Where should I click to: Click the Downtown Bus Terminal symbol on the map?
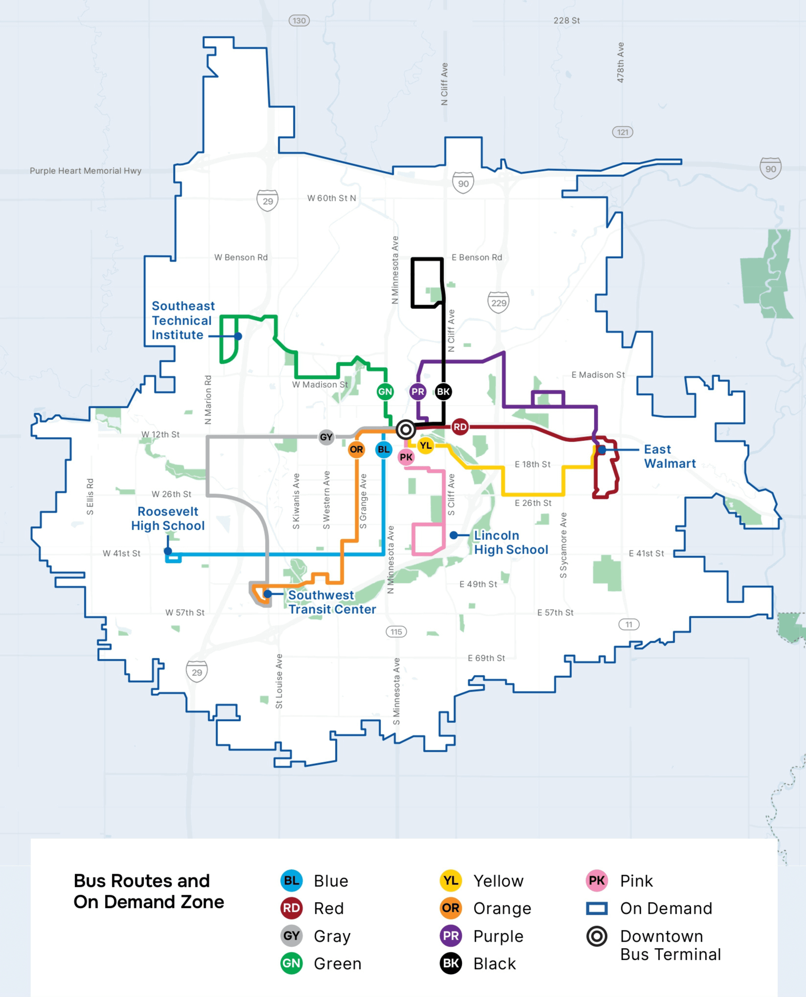405,430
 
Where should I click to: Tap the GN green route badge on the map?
385,391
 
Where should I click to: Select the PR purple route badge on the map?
418,391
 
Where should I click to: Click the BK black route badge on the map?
443,391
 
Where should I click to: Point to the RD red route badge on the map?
460,427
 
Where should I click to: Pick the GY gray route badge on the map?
326,437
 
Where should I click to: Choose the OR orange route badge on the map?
357,449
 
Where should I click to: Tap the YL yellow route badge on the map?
425,445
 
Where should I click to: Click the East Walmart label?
670,456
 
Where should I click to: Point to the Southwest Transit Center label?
332,602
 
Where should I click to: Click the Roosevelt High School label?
168,518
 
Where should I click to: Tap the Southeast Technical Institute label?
183,320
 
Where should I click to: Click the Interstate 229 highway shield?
499,303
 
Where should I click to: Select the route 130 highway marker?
299,20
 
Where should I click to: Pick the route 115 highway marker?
396,632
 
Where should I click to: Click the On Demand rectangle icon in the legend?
597,908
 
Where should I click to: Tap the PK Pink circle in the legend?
597,881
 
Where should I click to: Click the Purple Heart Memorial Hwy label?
85,171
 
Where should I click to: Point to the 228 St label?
566,20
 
